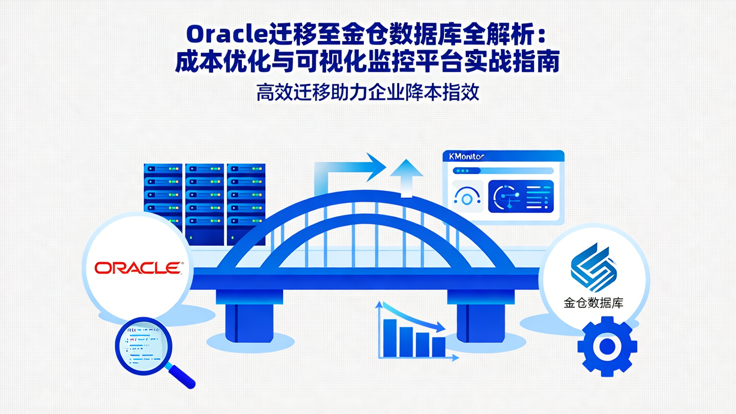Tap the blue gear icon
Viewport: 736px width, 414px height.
607,347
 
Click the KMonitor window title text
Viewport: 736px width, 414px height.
466,156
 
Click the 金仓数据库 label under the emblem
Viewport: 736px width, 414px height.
593,303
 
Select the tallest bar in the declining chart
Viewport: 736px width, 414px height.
390,337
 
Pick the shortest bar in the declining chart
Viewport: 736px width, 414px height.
439,347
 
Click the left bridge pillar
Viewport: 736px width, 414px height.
249,317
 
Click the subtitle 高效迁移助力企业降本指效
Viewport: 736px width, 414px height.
367,94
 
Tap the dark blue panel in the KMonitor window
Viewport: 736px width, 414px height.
520,196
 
